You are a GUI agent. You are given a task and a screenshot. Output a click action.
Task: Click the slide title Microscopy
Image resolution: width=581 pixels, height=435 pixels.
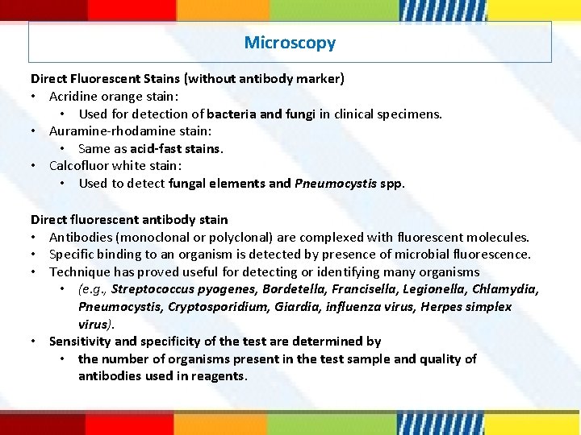click(x=290, y=43)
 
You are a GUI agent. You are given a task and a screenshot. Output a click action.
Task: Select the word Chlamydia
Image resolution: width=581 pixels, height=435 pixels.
click(x=505, y=289)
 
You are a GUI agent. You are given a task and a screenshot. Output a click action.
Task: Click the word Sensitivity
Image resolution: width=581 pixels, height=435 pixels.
click(x=80, y=342)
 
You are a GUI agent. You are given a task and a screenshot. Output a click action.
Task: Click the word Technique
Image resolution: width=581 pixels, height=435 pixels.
click(x=80, y=272)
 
